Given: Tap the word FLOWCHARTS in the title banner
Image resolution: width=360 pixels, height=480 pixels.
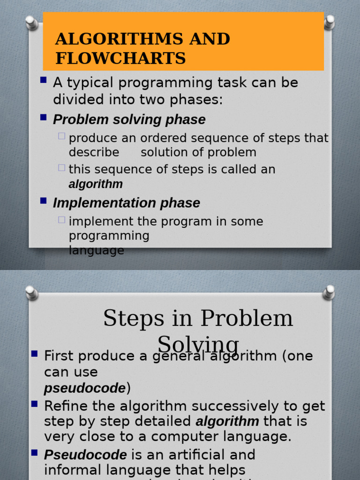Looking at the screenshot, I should [120, 59].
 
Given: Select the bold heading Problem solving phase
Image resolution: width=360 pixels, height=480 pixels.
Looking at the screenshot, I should [129, 120].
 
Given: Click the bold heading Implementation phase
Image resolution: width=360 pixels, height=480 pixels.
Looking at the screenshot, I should [126, 203].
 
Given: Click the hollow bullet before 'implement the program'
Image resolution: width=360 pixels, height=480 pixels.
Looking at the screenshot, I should [61, 219].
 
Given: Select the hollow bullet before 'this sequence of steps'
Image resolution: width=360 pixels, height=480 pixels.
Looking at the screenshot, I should [61, 167].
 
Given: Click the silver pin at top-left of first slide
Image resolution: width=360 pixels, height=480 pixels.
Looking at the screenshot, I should [32, 22].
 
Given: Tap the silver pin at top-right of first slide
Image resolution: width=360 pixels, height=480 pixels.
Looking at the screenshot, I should [330, 22].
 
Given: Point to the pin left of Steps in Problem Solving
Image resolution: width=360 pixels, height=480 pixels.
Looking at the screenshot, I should [32, 292].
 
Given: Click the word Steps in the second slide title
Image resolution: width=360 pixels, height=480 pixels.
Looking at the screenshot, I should [127, 318].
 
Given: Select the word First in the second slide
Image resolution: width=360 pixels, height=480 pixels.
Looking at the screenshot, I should [59, 356].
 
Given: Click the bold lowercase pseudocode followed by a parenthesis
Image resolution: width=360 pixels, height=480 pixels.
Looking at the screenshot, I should [85, 389].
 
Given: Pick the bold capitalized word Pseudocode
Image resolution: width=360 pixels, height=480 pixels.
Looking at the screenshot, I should [85, 455].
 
